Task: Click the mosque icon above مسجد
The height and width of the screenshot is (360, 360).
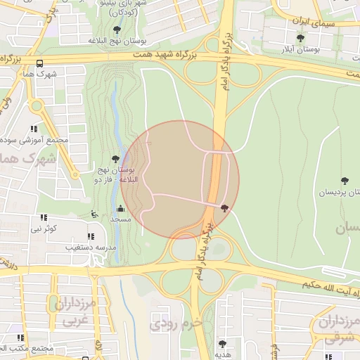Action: (x=120, y=208)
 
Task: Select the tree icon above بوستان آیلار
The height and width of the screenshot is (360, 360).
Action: (x=300, y=39)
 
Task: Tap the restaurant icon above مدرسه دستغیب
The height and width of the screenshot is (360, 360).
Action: (x=91, y=236)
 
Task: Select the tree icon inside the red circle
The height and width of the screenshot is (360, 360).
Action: (x=224, y=207)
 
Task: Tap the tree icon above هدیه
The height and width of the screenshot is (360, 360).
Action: (x=222, y=344)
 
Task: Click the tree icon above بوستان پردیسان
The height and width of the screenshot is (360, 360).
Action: (x=344, y=181)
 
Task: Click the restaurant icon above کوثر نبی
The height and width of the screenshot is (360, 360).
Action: (x=43, y=218)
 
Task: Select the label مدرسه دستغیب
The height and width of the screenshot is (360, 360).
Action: (x=91, y=247)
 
